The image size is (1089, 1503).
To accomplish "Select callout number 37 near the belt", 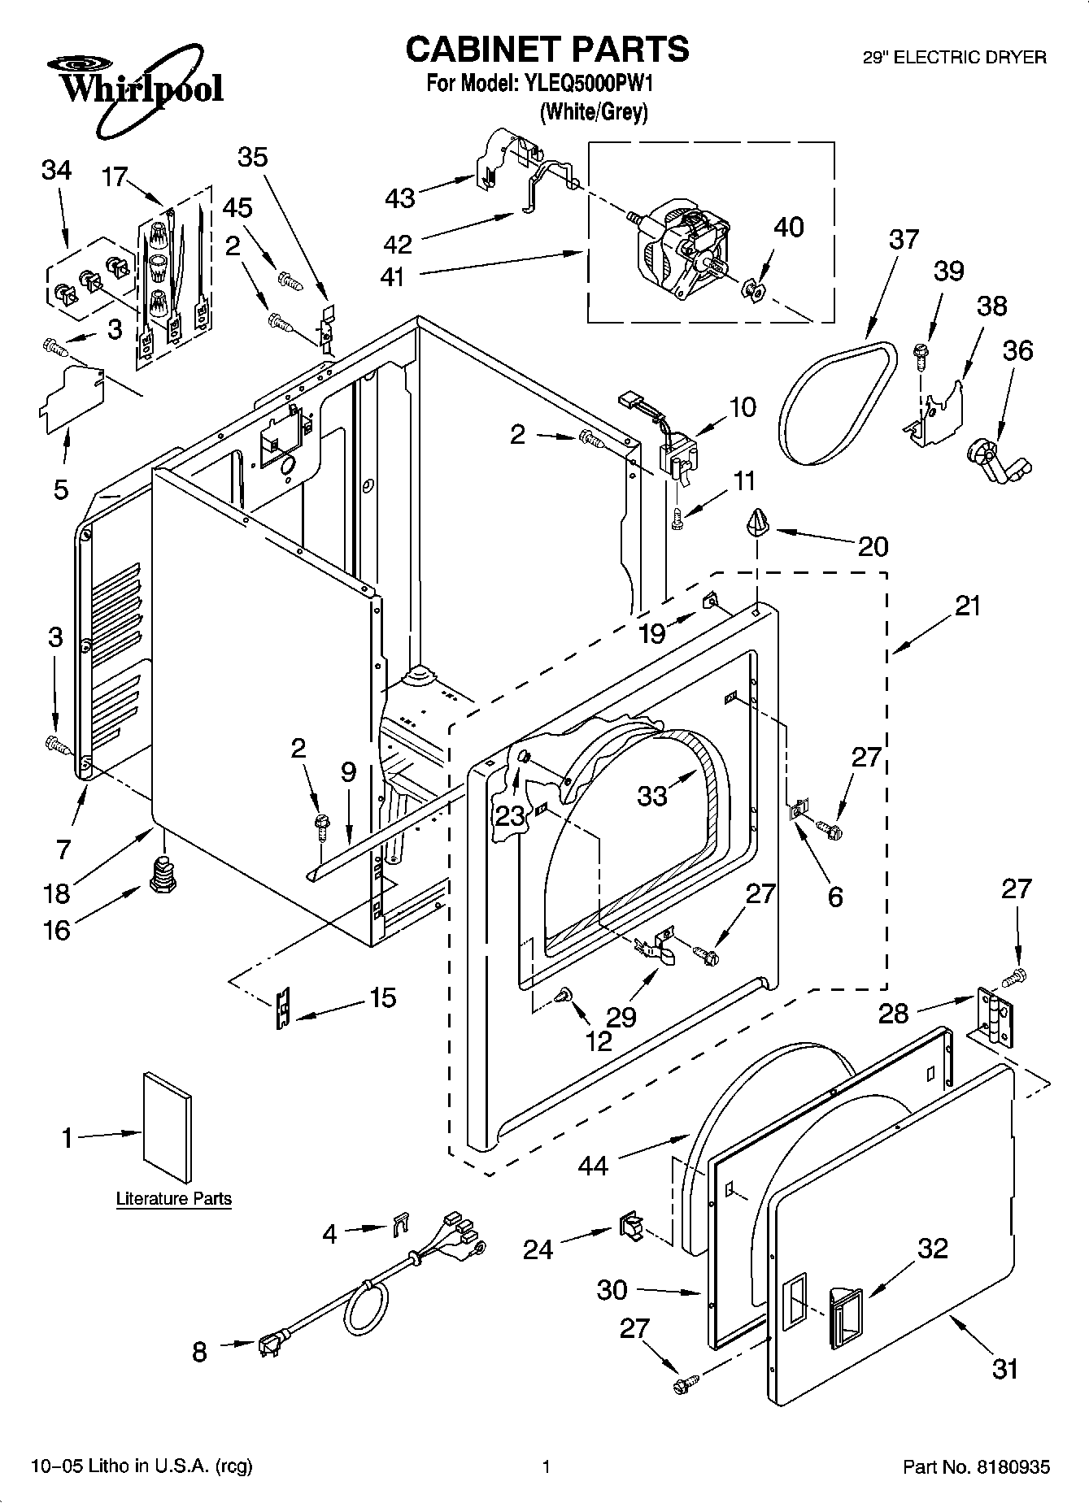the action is click(904, 240).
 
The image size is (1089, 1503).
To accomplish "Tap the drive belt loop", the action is click(838, 403).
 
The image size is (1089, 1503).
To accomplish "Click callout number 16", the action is click(56, 930).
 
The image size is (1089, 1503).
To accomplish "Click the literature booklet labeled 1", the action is click(168, 1127).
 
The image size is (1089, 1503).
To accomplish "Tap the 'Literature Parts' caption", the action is click(174, 1199).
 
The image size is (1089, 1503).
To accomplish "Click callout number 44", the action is click(593, 1166).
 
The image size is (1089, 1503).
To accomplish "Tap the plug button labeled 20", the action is click(757, 521).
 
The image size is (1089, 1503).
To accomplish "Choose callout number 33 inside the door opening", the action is click(653, 795).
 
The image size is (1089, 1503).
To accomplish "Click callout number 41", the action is click(392, 277).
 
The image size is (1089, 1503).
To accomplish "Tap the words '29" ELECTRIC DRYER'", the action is click(954, 58).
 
